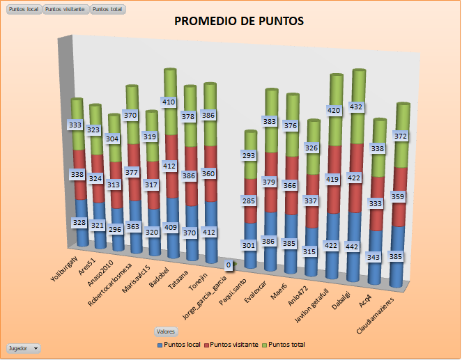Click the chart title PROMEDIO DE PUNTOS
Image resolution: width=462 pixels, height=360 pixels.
tap(239, 22)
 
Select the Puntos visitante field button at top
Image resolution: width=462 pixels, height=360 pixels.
tap(66, 10)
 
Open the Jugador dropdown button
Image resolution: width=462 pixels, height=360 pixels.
tap(23, 347)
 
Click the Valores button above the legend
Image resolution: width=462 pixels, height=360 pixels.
tap(166, 331)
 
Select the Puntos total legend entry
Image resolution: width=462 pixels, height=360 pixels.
tap(286, 345)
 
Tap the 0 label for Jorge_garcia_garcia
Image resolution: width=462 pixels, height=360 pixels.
tap(227, 265)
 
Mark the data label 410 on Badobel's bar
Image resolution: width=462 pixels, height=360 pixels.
tap(168, 102)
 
